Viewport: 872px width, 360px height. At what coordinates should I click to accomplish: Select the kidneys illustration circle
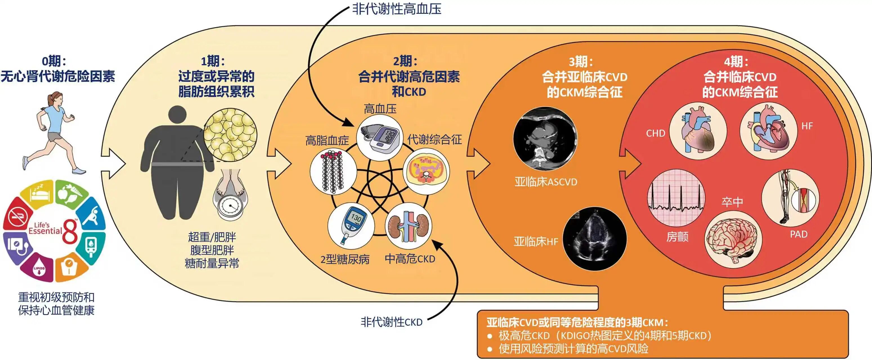click(409, 226)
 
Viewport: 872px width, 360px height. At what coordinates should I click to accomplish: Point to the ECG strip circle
click(676, 198)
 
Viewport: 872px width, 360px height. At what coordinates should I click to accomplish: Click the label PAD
click(799, 234)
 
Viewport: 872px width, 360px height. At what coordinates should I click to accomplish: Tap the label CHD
click(655, 133)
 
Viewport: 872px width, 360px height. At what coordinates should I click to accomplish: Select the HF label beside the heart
click(807, 126)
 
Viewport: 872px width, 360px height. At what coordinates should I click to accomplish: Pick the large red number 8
click(70, 231)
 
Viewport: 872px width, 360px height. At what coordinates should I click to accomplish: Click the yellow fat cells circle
click(230, 135)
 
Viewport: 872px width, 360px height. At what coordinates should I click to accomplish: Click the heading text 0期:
click(54, 61)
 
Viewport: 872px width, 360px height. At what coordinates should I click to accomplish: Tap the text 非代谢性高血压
click(397, 9)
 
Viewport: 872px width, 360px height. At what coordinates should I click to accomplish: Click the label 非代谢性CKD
click(391, 322)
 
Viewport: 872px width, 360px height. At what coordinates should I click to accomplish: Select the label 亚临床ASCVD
click(546, 182)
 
